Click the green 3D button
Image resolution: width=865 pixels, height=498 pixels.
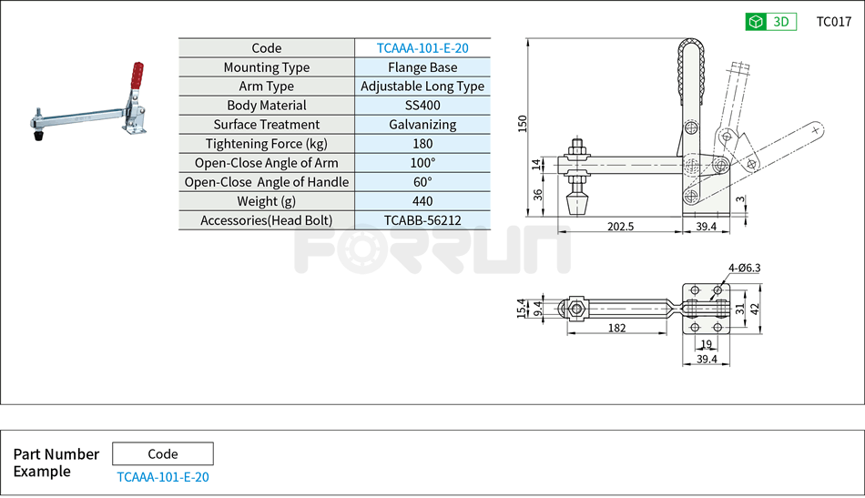point(770,22)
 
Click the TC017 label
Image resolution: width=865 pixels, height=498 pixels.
point(833,22)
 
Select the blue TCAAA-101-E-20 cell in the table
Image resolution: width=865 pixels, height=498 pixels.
point(422,48)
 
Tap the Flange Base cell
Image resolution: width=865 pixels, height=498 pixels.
point(422,67)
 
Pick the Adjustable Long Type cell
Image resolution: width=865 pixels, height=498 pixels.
point(422,86)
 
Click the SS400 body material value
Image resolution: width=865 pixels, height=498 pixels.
point(422,106)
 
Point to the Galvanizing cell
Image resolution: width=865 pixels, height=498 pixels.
point(422,125)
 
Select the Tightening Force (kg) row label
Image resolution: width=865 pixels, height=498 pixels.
point(266,144)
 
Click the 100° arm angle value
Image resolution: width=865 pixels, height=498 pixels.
point(422,163)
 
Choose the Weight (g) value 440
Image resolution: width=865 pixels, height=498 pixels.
point(422,201)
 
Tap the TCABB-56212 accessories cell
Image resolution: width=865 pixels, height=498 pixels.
point(422,220)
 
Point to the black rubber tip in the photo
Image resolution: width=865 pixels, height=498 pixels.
point(39,137)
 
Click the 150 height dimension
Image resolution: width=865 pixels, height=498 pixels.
point(523,124)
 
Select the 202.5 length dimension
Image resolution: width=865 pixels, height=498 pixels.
point(619,226)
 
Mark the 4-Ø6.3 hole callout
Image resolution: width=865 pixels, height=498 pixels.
point(744,268)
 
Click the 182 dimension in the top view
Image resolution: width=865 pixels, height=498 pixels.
point(616,328)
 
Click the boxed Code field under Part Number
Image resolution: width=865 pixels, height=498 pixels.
point(163,453)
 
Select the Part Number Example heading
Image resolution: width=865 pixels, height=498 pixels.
point(56,462)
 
